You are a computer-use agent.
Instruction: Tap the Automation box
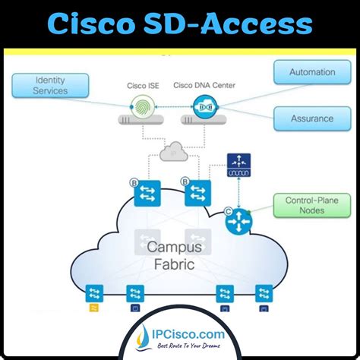(312, 73)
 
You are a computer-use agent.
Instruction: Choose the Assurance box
(312, 118)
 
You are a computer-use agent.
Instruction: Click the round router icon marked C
(240, 221)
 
